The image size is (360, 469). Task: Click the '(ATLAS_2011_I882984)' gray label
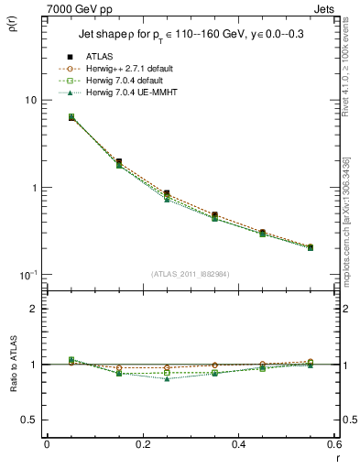point(190,272)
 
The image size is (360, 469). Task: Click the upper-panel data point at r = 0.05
point(71,117)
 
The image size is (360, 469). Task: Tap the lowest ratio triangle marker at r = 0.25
point(167,377)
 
